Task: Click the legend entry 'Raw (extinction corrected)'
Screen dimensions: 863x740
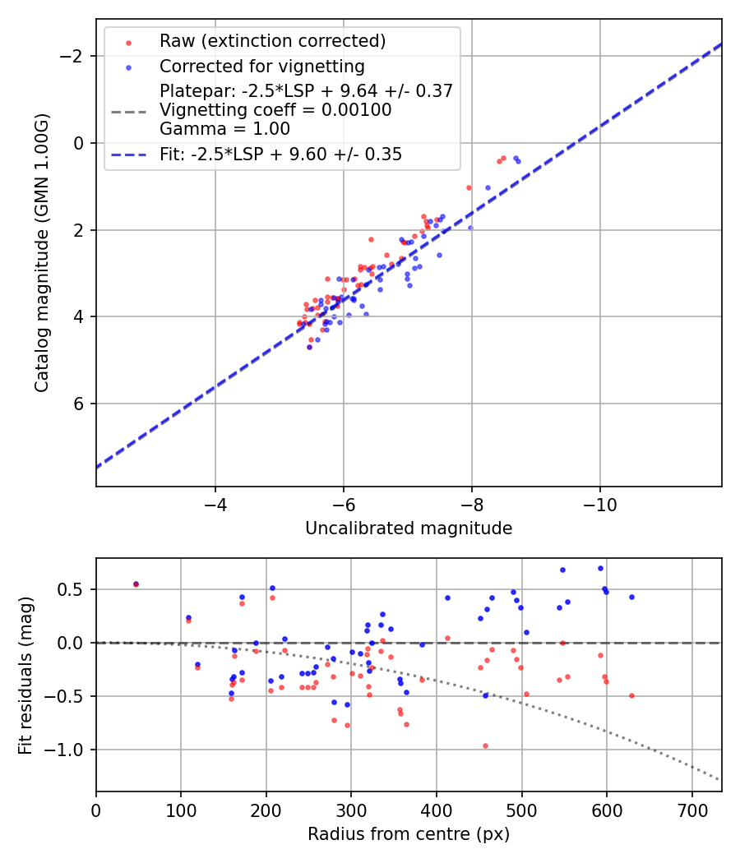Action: [272, 41]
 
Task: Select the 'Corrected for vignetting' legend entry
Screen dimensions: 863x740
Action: [261, 66]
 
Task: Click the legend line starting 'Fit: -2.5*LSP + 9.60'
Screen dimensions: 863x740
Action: [280, 154]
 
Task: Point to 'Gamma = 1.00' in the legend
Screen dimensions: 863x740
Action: [224, 128]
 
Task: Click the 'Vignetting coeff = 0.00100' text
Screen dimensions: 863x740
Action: [275, 110]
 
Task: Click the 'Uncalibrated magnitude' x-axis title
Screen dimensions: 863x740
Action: [409, 528]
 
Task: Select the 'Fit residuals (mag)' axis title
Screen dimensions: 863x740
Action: [25, 674]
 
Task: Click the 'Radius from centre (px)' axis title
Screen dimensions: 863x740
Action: [409, 834]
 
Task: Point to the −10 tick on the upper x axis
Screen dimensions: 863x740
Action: [599, 502]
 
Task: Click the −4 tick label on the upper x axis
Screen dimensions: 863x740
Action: [215, 502]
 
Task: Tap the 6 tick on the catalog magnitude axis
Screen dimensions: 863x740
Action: [79, 404]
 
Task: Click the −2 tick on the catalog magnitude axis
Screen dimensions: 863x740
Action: [74, 56]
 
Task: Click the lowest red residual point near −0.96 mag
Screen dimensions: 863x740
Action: [485, 745]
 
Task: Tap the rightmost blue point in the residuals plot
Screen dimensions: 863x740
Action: [631, 597]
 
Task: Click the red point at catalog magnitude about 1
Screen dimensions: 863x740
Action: [469, 187]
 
